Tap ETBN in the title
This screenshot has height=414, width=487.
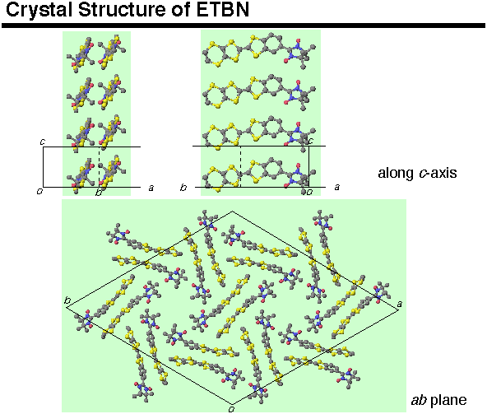click(223, 9)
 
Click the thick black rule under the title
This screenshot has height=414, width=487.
click(243, 26)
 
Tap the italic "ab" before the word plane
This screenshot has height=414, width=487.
click(419, 400)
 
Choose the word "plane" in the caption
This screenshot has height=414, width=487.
click(448, 401)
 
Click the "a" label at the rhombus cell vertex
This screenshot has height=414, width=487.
click(400, 304)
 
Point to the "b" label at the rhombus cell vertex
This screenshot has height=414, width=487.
click(67, 300)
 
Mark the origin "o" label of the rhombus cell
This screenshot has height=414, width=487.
click(231, 409)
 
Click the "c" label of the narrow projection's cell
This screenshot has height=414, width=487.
click(43, 142)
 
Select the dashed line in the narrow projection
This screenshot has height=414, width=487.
click(99, 167)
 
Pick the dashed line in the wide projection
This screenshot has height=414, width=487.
click(240, 166)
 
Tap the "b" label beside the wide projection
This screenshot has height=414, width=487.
click(183, 188)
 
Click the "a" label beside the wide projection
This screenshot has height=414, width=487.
click(336, 187)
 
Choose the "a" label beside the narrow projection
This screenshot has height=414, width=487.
click(151, 188)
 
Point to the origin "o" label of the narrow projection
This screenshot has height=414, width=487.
click(39, 191)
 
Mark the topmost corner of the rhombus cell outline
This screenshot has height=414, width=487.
click(232, 212)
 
